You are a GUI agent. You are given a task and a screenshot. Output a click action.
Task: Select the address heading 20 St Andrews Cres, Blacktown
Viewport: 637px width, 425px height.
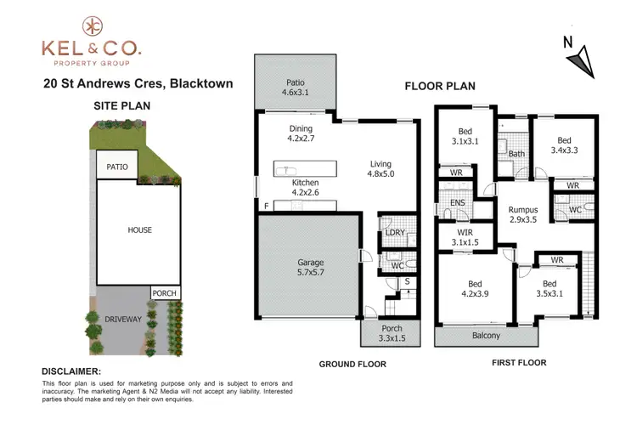139,83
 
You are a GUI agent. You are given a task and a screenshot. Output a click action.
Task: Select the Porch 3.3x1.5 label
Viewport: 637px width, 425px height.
391,334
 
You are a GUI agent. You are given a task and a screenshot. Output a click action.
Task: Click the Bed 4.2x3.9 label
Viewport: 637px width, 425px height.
472,291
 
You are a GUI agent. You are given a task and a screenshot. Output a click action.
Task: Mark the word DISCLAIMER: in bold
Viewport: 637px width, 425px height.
71,371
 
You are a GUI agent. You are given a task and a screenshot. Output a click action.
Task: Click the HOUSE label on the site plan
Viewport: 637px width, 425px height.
140,230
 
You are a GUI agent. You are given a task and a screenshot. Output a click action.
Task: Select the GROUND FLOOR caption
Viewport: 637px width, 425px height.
352,364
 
